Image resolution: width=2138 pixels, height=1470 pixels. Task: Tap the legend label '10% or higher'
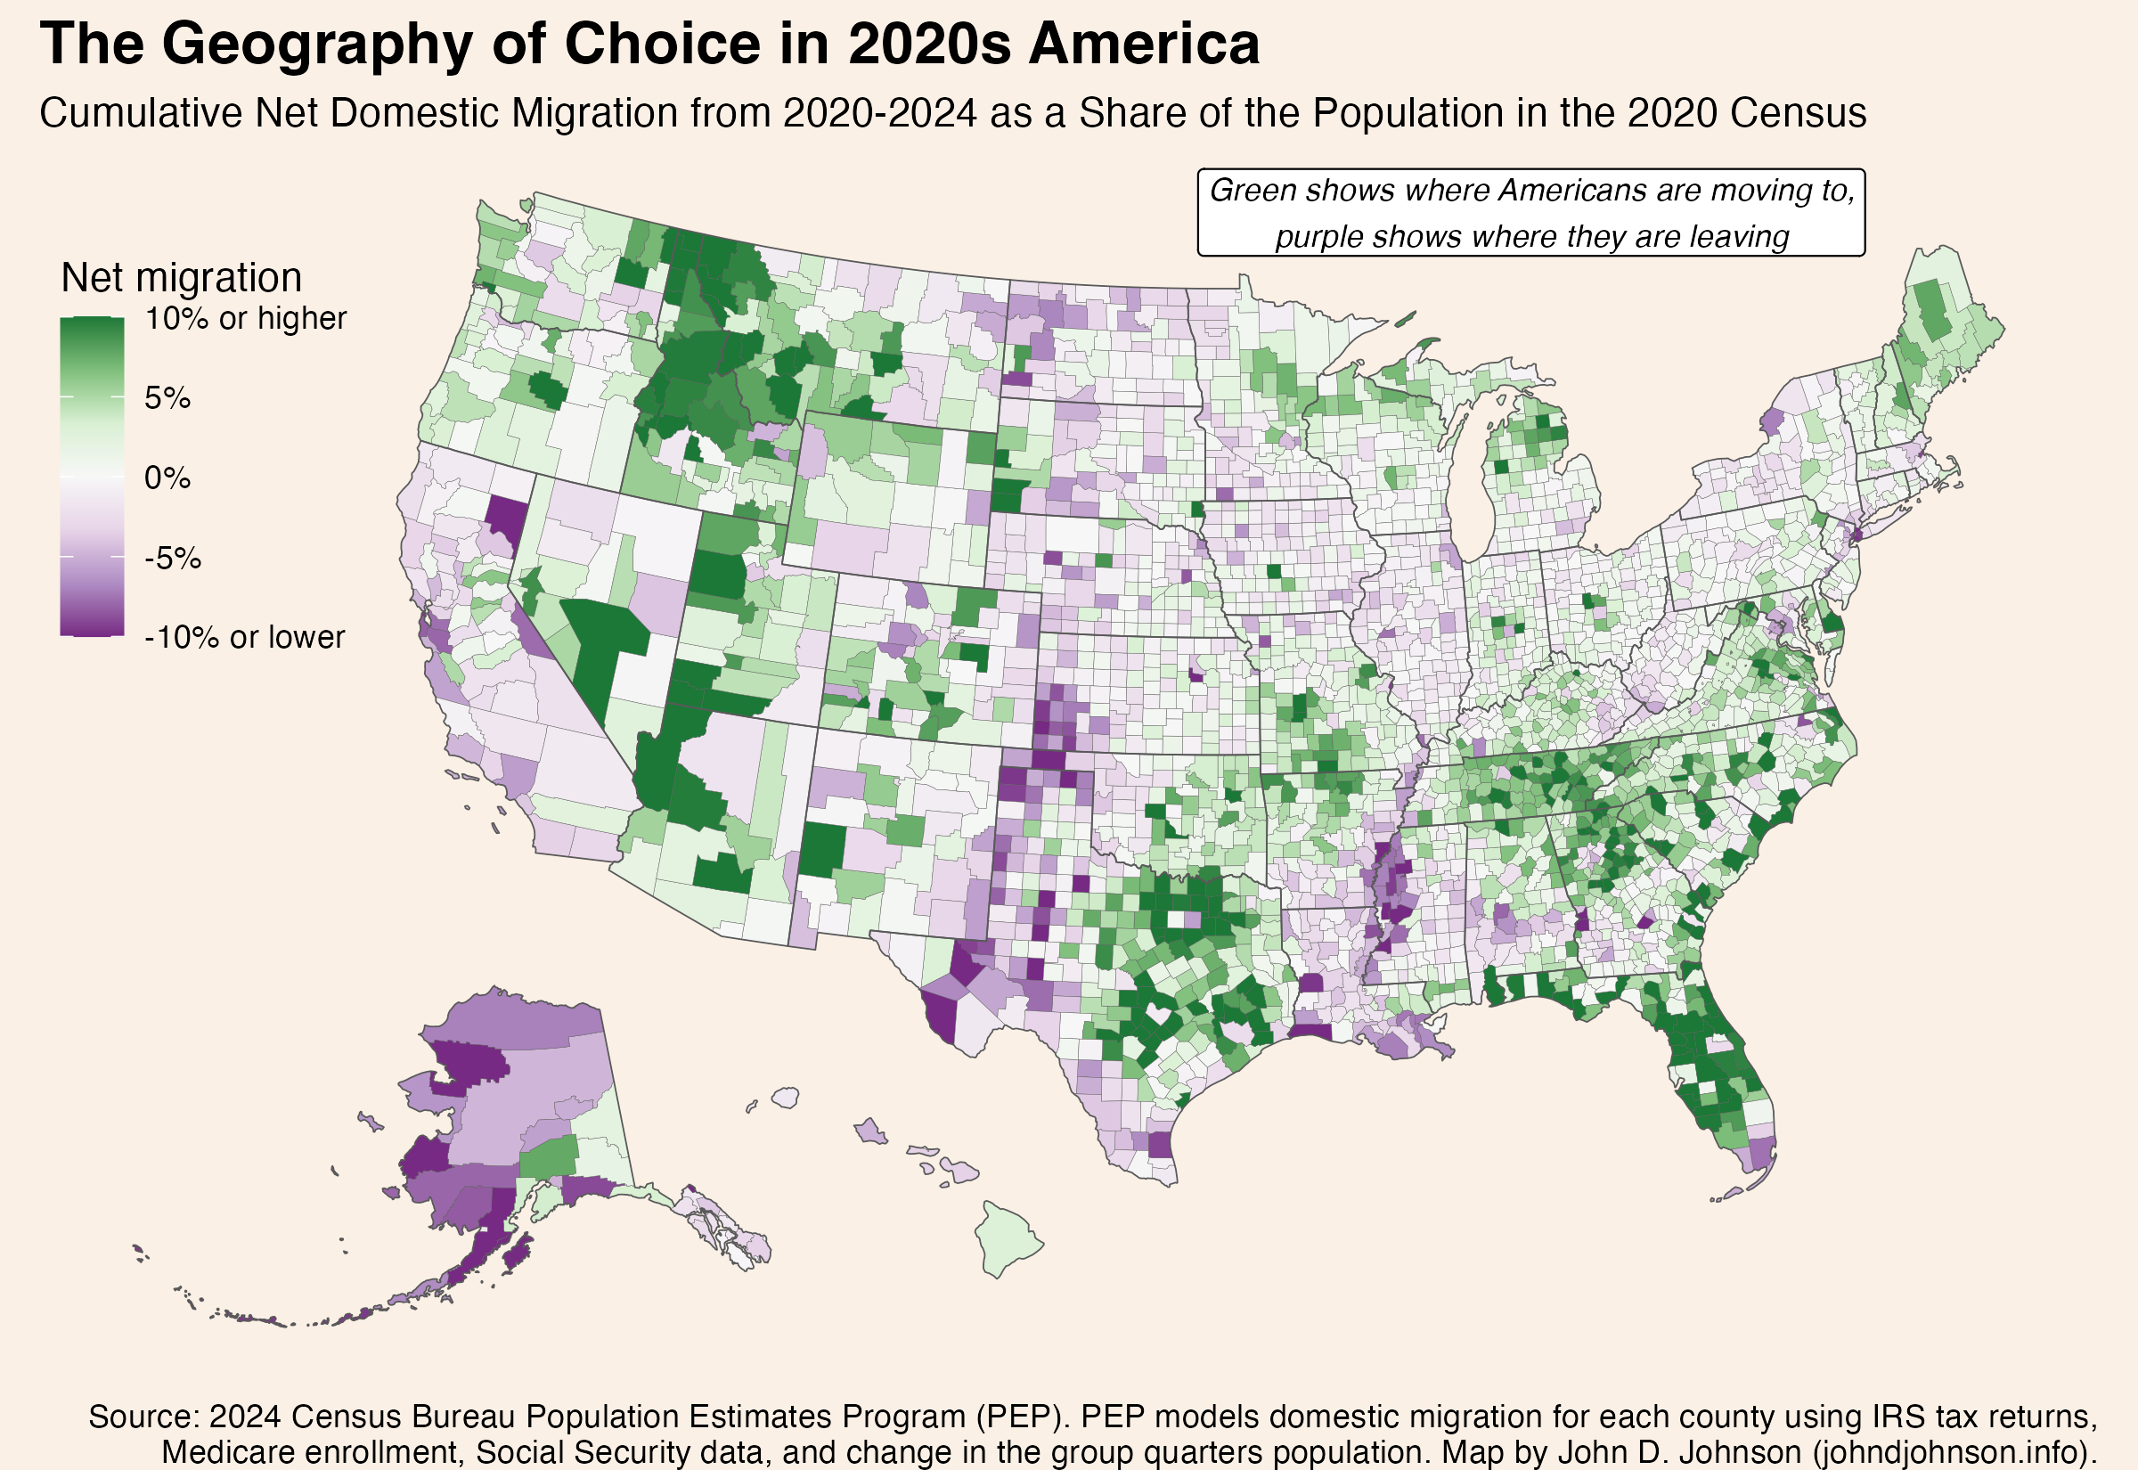point(245,319)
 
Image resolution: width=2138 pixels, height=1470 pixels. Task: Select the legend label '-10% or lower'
point(244,637)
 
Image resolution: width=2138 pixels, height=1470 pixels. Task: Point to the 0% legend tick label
point(167,478)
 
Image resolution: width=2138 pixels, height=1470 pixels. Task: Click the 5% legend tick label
point(167,399)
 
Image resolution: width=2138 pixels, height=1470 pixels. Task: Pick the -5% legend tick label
point(172,559)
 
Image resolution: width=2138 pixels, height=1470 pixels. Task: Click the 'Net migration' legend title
point(182,277)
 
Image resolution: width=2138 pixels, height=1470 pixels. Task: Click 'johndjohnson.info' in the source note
point(1945,1452)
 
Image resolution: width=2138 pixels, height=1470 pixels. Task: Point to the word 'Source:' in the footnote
point(143,1417)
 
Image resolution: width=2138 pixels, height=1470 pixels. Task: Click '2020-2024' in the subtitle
point(879,113)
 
